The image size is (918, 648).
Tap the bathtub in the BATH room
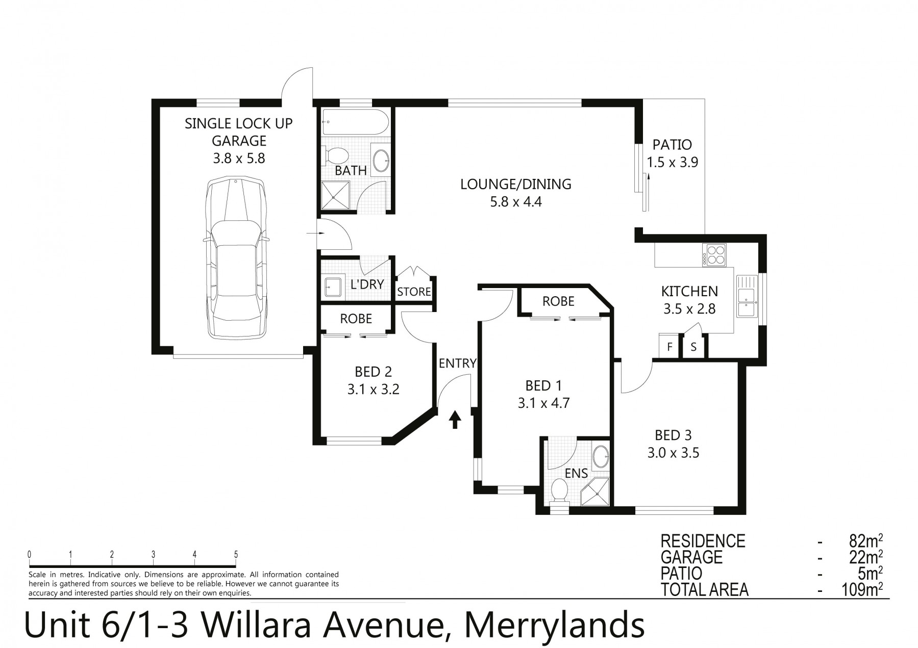tap(355, 122)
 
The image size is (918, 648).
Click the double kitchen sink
tap(748, 302)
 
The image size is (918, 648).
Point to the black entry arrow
tap(455, 420)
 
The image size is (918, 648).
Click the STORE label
tap(414, 292)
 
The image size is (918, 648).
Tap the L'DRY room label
tap(367, 284)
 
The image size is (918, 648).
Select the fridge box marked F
tap(669, 347)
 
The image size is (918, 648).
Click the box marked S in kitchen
tap(693, 347)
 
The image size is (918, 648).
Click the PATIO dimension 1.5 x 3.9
tap(673, 162)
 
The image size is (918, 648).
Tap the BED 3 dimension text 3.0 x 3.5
tap(673, 452)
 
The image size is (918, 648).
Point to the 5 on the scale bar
tap(236, 555)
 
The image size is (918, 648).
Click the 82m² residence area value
tap(865, 541)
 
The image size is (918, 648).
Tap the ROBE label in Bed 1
tap(558, 301)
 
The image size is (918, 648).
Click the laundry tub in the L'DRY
tap(333, 287)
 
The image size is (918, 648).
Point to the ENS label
tap(576, 473)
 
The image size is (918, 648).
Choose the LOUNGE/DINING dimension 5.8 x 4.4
tap(516, 202)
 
